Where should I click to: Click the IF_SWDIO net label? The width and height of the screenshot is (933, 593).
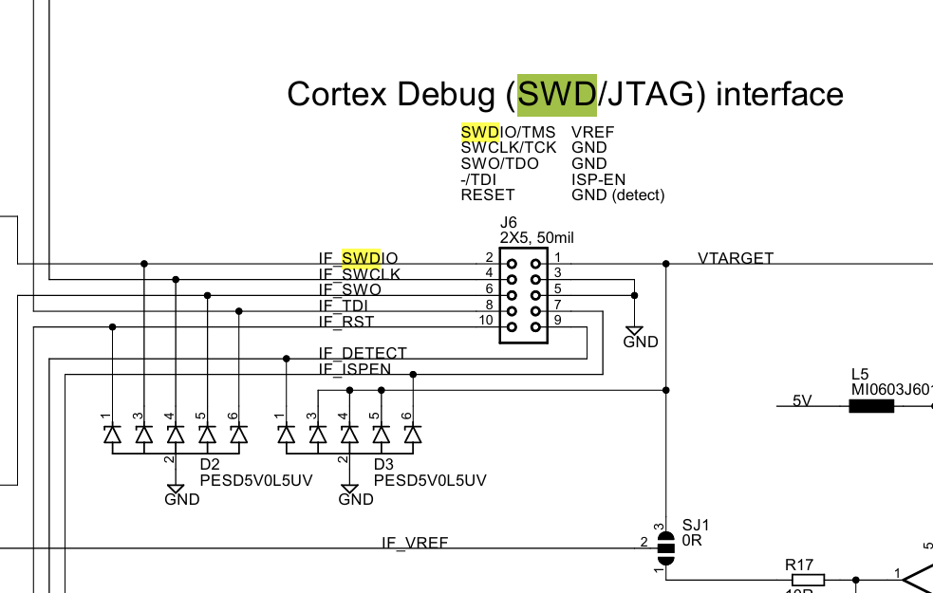pos(358,258)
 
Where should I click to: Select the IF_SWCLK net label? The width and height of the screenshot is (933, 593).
pos(359,274)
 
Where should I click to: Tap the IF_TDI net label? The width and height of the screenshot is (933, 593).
pos(343,306)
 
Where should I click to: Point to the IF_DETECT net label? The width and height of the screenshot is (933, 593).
pos(363,353)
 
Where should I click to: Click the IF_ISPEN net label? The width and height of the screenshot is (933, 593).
pos(354,369)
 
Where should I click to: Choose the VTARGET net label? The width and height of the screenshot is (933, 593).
pos(736,258)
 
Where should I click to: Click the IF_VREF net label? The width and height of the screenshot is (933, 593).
pos(415,543)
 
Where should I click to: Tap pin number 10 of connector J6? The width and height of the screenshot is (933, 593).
pos(485,321)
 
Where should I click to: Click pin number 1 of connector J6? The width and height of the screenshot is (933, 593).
pos(558,257)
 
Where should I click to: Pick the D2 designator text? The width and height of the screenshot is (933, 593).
pos(210,465)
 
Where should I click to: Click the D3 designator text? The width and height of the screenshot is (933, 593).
pos(383,465)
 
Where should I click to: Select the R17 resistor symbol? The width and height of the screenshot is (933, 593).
pos(807,579)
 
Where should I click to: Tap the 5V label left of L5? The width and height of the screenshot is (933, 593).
pos(802,400)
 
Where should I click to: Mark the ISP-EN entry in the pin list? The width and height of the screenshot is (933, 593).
pos(598,179)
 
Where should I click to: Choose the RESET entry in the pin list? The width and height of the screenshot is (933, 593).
pos(487,195)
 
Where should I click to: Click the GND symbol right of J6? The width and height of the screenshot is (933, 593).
pos(634,332)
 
